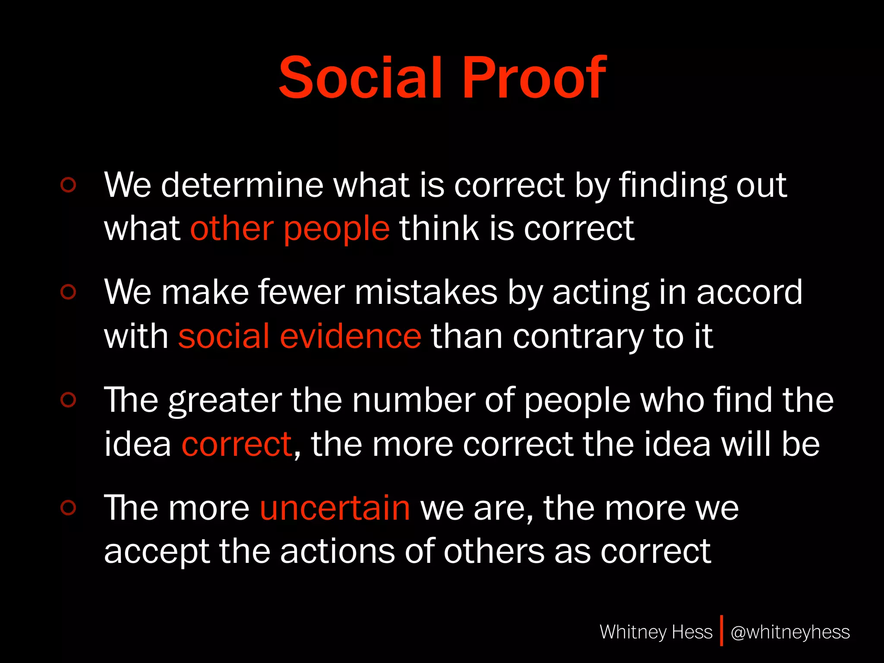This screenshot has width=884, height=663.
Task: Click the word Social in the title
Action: click(x=361, y=78)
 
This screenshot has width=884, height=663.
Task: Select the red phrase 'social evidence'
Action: click(x=300, y=336)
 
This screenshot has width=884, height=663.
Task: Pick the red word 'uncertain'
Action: click(x=335, y=508)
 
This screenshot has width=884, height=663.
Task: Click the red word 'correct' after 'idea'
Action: click(x=237, y=444)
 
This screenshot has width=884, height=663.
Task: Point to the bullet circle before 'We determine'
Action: click(x=68, y=185)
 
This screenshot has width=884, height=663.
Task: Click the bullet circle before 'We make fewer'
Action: click(x=68, y=292)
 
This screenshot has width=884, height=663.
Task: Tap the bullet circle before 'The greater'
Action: click(x=68, y=400)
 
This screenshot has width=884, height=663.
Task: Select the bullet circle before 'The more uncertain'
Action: click(x=68, y=508)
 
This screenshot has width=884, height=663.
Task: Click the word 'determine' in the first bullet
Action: click(x=242, y=185)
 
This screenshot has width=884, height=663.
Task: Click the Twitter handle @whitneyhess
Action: click(x=790, y=632)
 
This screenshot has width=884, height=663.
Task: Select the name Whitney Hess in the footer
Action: click(x=656, y=632)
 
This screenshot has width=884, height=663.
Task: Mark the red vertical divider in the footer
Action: click(x=721, y=631)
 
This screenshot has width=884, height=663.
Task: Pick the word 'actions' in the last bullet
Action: click(x=338, y=552)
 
